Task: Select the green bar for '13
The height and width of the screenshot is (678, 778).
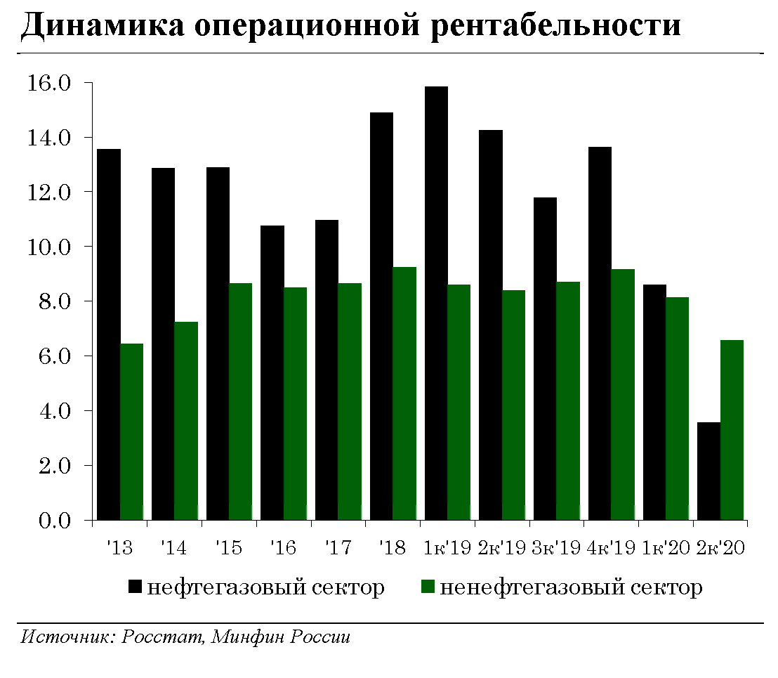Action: pos(131,432)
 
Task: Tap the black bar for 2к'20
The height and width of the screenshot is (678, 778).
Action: pos(709,471)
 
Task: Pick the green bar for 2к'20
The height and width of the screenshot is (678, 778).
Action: pos(732,430)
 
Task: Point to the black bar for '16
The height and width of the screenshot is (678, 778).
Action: pos(272,373)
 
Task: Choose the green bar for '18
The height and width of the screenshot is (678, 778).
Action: pos(404,393)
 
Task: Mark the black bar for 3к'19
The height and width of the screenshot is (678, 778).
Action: pos(545,359)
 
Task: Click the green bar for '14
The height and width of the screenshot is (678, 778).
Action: pos(186,421)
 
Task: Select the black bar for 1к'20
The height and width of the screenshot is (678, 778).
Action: pos(654,403)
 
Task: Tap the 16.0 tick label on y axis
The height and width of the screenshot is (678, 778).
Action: pos(50,83)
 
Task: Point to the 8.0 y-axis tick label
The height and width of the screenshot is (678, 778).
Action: pos(50,301)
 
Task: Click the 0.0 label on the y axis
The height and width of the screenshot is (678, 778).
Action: pos(50,521)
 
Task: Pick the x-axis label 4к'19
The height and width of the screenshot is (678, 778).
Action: pos(611,548)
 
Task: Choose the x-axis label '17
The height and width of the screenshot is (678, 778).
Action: pos(338,548)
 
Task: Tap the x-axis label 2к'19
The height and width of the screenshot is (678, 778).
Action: pos(501,548)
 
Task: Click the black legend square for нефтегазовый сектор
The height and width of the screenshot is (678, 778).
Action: pos(136,587)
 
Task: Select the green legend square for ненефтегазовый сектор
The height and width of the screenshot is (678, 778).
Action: pos(428,587)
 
